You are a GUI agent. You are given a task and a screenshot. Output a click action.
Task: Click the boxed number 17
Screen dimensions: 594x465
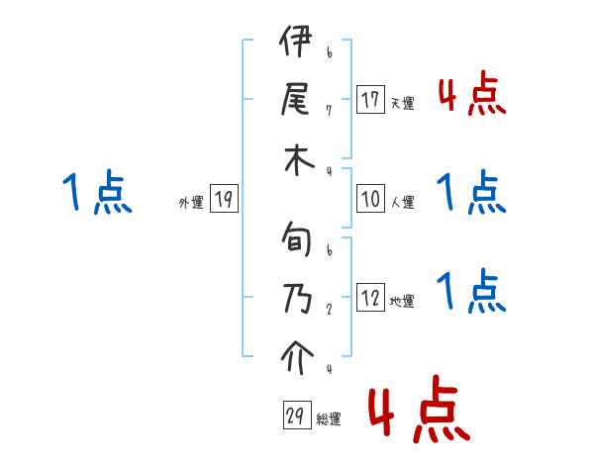click(371, 100)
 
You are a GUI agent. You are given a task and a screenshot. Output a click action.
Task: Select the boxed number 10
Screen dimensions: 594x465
click(371, 200)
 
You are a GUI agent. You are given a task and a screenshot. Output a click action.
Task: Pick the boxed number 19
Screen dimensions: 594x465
click(224, 200)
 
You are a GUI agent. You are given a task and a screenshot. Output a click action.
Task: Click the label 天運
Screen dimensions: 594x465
click(402, 103)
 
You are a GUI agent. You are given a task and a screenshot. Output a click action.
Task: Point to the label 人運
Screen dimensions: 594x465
click(402, 203)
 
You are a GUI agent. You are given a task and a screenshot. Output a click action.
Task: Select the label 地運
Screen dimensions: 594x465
click(402, 302)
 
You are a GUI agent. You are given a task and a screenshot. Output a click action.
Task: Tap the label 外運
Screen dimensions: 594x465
click(191, 203)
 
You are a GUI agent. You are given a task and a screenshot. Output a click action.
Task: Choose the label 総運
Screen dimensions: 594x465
click(329, 419)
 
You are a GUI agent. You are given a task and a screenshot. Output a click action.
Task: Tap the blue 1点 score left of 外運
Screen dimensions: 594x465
click(97, 193)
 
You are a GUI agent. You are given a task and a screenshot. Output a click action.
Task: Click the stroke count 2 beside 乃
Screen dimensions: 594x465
click(328, 308)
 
